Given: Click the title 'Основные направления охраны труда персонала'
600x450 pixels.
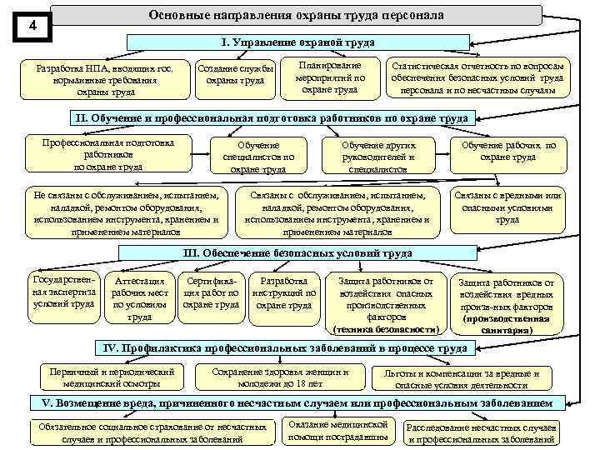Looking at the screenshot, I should pyautogui.click(x=296, y=15).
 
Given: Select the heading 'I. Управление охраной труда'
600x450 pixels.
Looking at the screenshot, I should pyautogui.click(x=296, y=42).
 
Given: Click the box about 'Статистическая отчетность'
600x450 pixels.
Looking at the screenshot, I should pyautogui.click(x=480, y=77).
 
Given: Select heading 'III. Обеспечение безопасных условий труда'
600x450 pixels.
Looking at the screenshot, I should pyautogui.click(x=296, y=252).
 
